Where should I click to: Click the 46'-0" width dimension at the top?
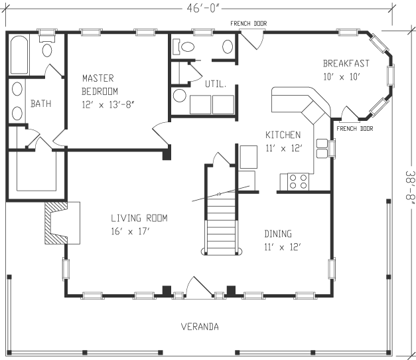(x=208, y=9)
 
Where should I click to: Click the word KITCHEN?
(x=283, y=135)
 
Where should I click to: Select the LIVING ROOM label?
(x=139, y=218)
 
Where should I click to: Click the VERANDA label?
(x=200, y=326)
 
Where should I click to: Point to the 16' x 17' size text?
(x=130, y=231)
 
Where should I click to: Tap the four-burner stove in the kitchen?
(x=297, y=181)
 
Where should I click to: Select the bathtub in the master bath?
(x=19, y=56)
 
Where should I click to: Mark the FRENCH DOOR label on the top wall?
(x=249, y=24)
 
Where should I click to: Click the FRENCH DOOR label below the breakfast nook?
(x=354, y=128)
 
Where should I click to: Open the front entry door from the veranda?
(x=197, y=288)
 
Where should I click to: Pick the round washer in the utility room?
(x=180, y=96)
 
